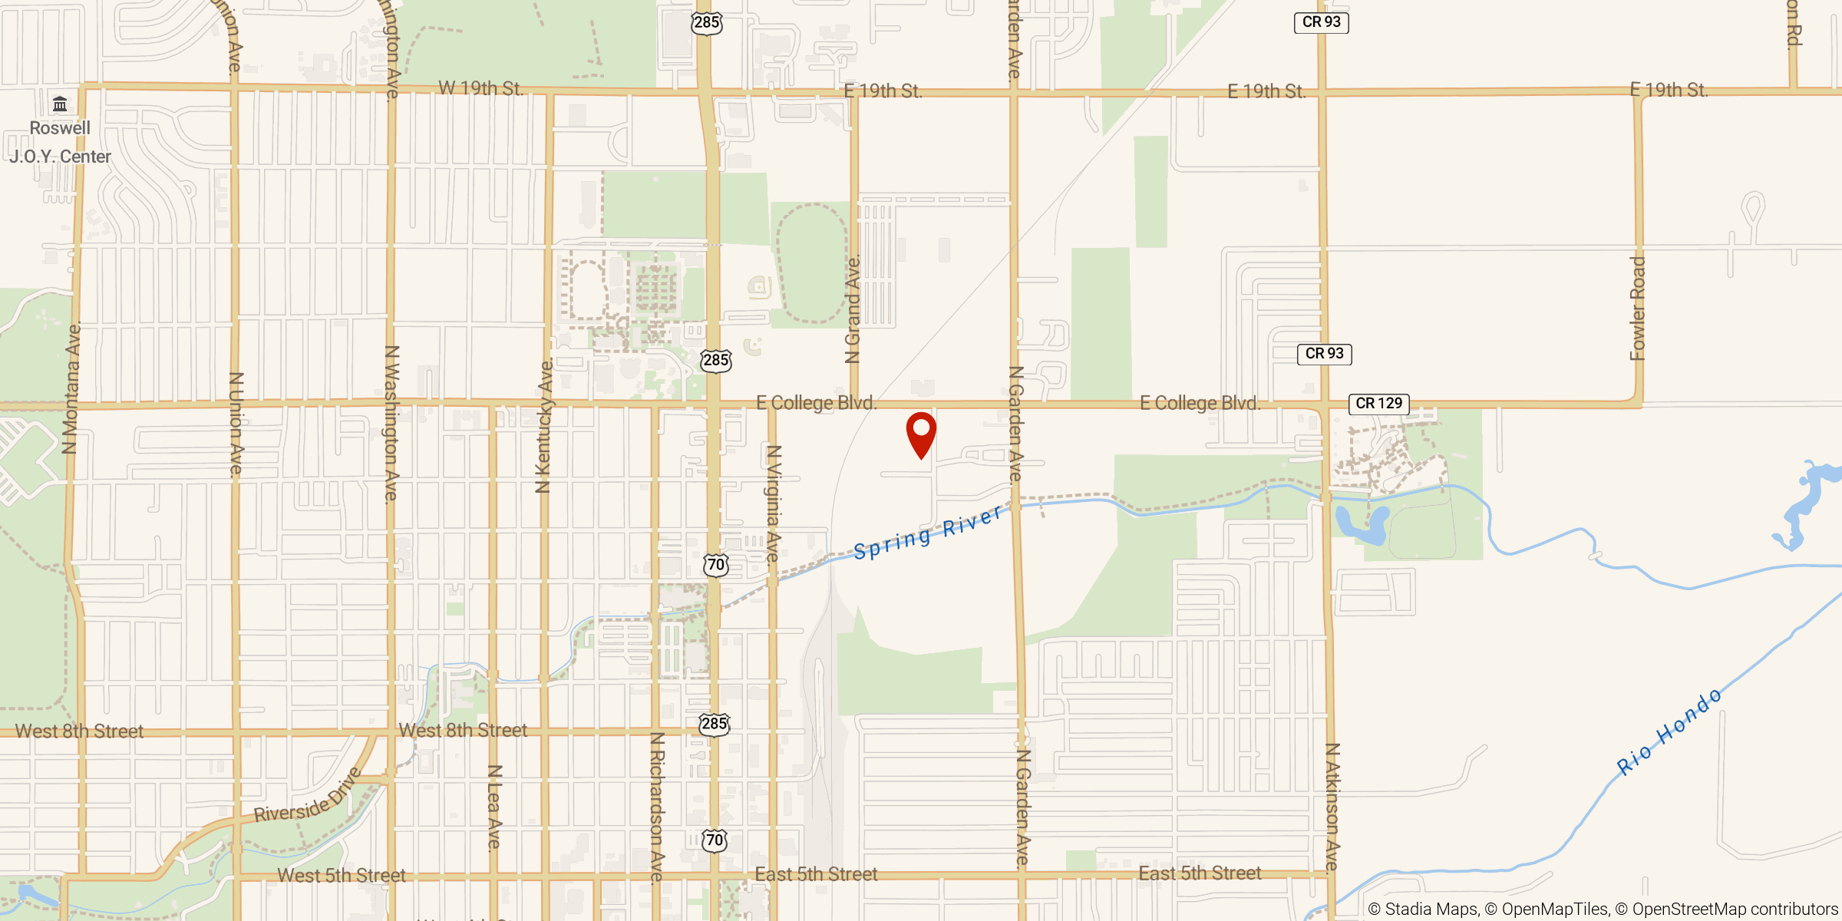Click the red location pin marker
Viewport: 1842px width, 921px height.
(x=921, y=434)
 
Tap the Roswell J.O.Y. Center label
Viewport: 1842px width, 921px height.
(x=60, y=143)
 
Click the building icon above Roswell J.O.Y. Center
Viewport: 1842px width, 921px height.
(x=60, y=104)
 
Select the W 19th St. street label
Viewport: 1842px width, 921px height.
(x=480, y=89)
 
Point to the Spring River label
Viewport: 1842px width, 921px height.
(x=928, y=533)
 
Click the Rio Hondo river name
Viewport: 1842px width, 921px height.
(x=1669, y=732)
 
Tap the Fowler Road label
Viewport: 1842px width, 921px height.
(x=1638, y=309)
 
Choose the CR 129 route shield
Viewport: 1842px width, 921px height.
(x=1378, y=404)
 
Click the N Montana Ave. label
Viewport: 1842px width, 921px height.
(x=71, y=388)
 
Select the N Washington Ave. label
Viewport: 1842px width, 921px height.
(x=391, y=424)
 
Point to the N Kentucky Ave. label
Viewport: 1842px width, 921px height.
(x=544, y=427)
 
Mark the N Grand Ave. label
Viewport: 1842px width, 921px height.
(x=853, y=309)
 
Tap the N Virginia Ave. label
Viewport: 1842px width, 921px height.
(x=774, y=503)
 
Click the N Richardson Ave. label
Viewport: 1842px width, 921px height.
(x=657, y=806)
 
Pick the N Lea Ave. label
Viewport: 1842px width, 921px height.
(x=495, y=807)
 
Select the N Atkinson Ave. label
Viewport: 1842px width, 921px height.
(x=1332, y=806)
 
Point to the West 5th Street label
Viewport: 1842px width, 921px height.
(x=342, y=876)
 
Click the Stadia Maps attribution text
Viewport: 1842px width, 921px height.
(x=1424, y=909)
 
